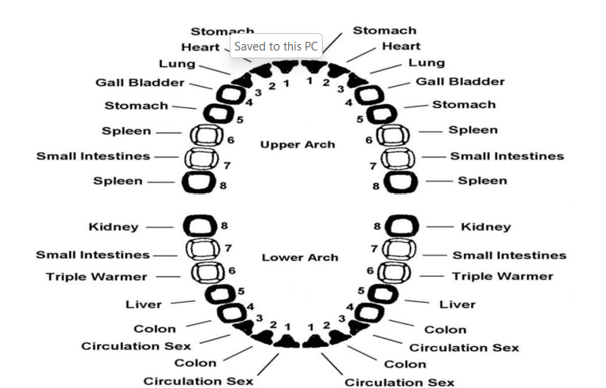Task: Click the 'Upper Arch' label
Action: pyautogui.click(x=297, y=144)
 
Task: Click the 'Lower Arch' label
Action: pyautogui.click(x=299, y=257)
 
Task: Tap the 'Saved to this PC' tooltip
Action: pyautogui.click(x=275, y=47)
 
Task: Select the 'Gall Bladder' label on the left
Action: pyautogui.click(x=140, y=82)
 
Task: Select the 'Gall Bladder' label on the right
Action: pyautogui.click(x=460, y=81)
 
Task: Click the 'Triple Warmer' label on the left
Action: pyautogui.click(x=96, y=277)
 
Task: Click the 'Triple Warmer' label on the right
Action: pyautogui.click(x=503, y=276)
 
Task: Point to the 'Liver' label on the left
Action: pyautogui.click(x=144, y=304)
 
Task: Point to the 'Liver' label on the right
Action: pyautogui.click(x=457, y=304)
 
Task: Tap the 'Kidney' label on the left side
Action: pyautogui.click(x=113, y=227)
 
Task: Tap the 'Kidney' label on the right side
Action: pyautogui.click(x=485, y=227)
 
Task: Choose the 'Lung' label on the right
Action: pyautogui.click(x=426, y=63)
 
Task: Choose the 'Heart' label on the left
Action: pyautogui.click(x=200, y=47)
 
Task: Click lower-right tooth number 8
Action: pyautogui.click(x=400, y=227)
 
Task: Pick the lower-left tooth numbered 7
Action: pyautogui.click(x=201, y=250)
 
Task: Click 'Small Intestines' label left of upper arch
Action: pyautogui.click(x=93, y=156)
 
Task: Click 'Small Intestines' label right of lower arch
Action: pyautogui.click(x=509, y=255)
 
